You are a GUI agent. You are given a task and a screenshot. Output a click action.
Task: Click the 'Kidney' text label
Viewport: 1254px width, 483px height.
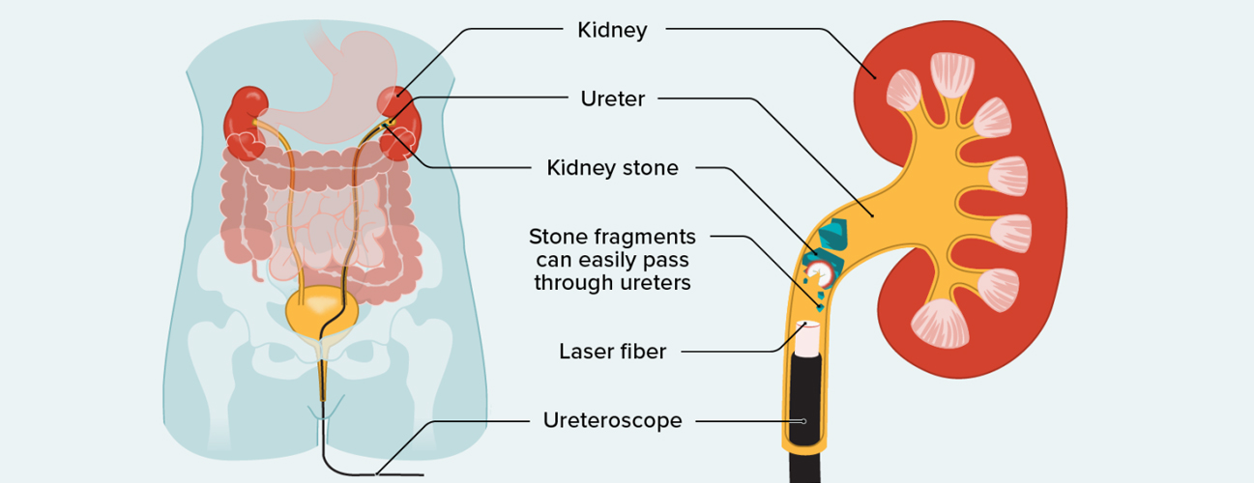click(x=612, y=30)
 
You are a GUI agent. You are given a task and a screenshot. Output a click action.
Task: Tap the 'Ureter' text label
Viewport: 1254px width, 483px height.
click(x=612, y=99)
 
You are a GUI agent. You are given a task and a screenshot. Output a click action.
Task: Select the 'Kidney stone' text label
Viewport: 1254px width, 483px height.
click(x=612, y=168)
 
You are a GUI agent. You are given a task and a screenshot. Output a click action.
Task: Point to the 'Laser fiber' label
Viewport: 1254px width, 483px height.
click(x=612, y=352)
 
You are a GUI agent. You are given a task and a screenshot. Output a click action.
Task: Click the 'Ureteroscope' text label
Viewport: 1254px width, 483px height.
click(x=612, y=420)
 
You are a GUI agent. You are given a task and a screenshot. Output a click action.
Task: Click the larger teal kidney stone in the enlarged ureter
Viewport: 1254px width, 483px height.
click(x=832, y=235)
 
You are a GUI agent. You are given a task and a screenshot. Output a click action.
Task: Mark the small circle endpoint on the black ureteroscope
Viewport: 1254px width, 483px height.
click(x=803, y=421)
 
